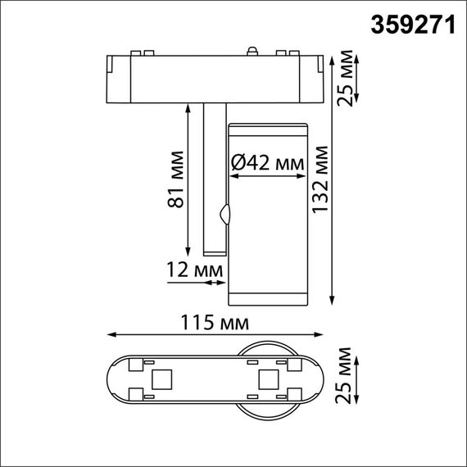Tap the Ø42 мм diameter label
click(x=267, y=163)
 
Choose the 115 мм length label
click(x=216, y=322)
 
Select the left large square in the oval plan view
click(x=161, y=379)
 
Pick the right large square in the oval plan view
click(x=268, y=379)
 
